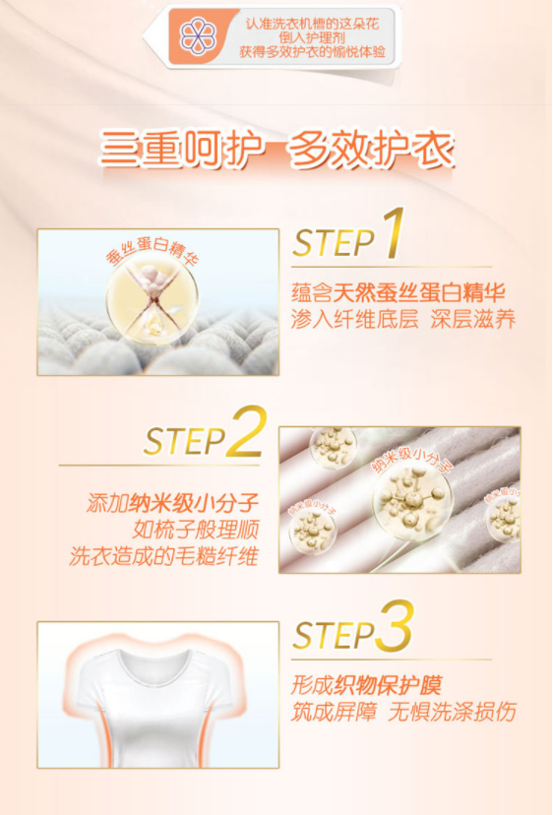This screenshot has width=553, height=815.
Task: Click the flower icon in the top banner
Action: click(198, 35)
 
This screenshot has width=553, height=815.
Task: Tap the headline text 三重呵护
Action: click(180, 150)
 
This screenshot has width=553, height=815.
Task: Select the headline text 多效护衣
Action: click(371, 150)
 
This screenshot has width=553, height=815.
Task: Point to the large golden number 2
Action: click(247, 431)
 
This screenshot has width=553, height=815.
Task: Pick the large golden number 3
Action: click(395, 626)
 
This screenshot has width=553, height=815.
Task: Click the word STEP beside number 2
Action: click(184, 442)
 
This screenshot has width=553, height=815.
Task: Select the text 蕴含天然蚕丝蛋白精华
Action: click(399, 292)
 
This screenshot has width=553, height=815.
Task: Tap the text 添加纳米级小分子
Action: click(172, 503)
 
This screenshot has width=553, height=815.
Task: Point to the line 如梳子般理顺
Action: click(196, 530)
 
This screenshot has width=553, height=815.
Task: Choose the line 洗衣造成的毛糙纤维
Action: click(163, 556)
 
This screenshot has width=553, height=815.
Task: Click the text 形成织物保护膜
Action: click(366, 685)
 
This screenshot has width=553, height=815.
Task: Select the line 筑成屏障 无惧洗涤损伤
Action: click(403, 712)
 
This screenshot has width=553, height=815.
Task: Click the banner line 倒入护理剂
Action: click(312, 37)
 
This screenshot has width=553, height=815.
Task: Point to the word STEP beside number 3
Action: click(334, 635)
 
